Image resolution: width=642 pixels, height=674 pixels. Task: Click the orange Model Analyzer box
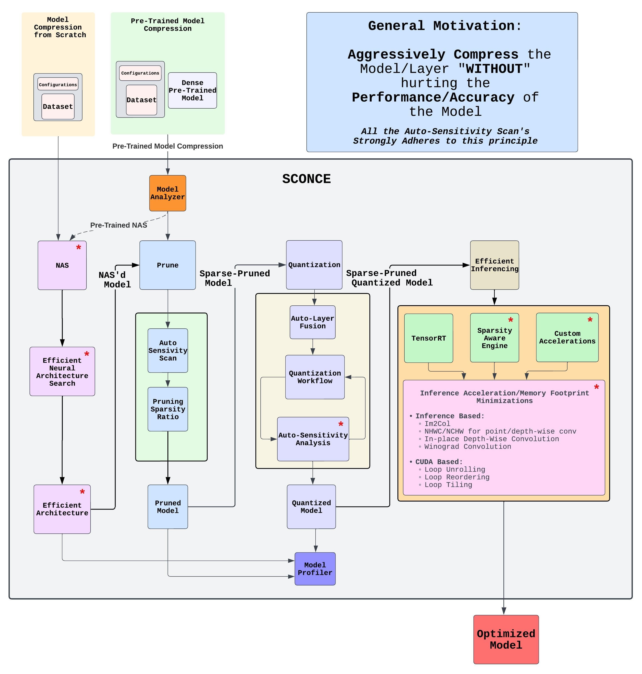(x=167, y=193)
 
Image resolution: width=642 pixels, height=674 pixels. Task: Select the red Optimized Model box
(x=506, y=639)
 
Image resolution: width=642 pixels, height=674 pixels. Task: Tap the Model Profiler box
(x=315, y=569)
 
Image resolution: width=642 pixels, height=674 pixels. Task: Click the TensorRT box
(x=429, y=338)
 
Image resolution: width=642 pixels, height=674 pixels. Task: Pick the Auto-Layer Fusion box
(x=313, y=322)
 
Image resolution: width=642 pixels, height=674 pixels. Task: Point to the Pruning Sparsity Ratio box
(x=168, y=409)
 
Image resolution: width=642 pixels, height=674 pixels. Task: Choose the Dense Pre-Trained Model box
(x=192, y=90)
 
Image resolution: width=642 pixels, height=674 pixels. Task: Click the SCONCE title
(x=306, y=179)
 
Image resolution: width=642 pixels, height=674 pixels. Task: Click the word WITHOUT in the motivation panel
(x=494, y=69)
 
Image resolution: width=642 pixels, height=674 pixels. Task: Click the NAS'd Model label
(x=114, y=280)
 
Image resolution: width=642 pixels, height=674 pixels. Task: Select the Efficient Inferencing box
(x=494, y=265)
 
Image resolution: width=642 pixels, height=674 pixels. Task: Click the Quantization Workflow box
(x=315, y=377)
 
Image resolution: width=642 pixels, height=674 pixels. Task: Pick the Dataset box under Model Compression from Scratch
(x=58, y=106)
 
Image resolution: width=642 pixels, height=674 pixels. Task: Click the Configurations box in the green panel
(x=140, y=73)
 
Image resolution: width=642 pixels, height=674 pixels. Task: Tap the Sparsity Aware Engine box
(x=494, y=338)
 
